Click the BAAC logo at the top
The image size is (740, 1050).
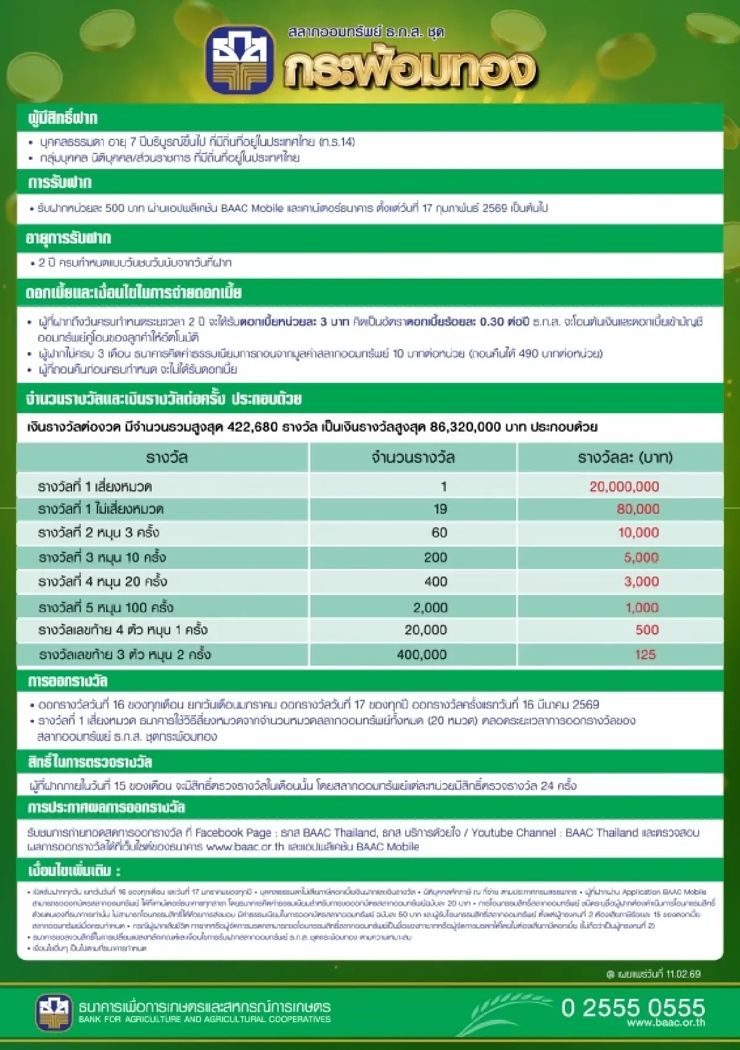click(x=239, y=59)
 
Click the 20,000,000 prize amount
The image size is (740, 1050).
click(x=624, y=486)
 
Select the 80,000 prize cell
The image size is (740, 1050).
click(x=638, y=509)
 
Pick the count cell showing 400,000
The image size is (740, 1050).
click(x=422, y=654)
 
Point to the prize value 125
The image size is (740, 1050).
click(x=645, y=654)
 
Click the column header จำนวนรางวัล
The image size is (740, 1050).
click(x=413, y=457)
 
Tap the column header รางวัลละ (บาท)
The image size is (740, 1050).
click(x=625, y=457)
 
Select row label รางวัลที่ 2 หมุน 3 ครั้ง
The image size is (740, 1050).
click(x=99, y=533)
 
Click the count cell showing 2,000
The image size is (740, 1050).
click(x=430, y=607)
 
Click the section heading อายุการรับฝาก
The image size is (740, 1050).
click(x=68, y=238)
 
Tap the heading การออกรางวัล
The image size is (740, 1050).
click(x=68, y=681)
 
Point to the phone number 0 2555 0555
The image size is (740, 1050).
click(x=633, y=1007)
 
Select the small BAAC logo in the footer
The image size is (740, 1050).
click(x=54, y=1012)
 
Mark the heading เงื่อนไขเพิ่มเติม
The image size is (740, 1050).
click(x=73, y=871)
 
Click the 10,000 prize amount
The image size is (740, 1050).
click(x=638, y=533)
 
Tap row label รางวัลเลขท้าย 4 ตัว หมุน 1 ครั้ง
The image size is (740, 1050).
click(x=123, y=630)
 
